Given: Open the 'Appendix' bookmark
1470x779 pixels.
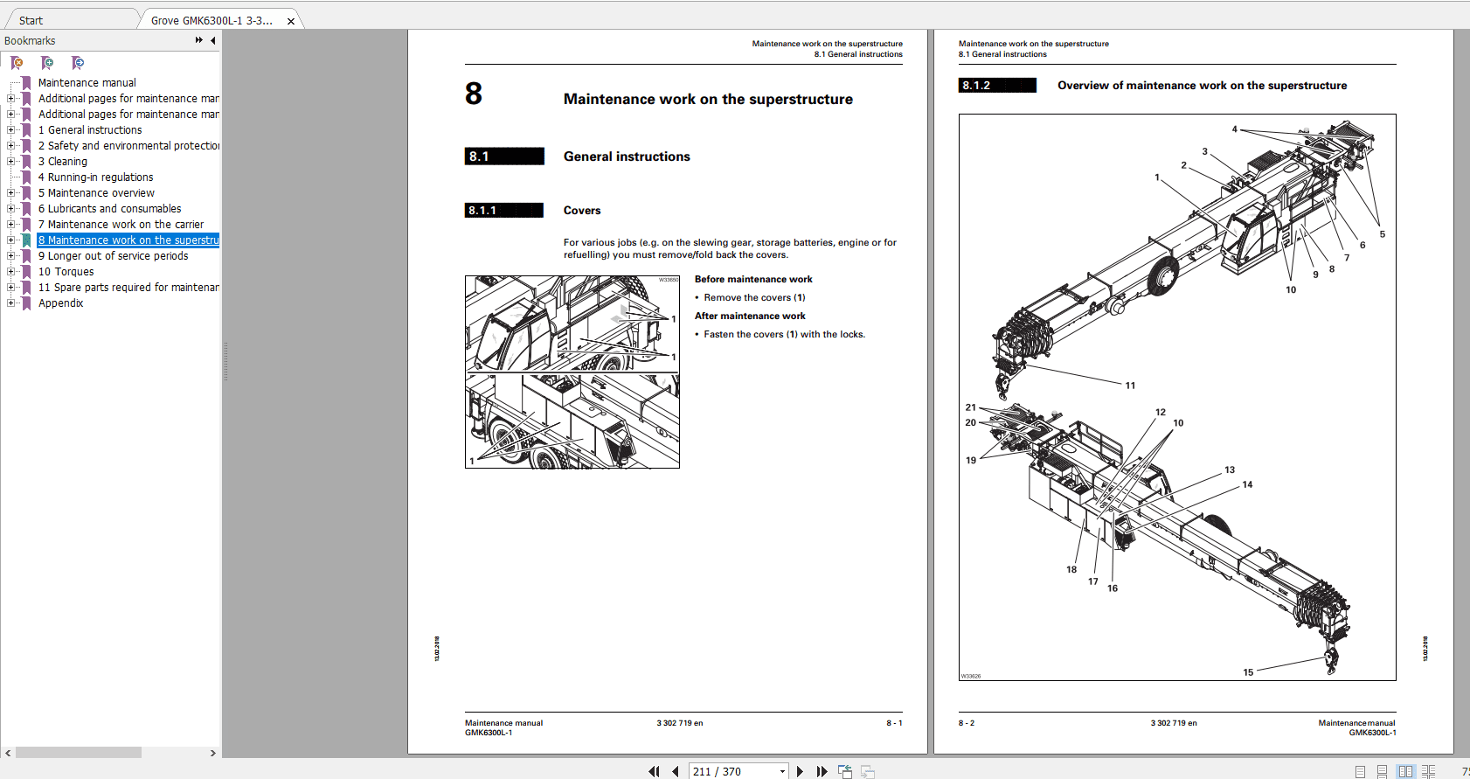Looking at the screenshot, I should click(x=60, y=303).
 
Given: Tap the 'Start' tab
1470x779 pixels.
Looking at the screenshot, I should click(x=31, y=20).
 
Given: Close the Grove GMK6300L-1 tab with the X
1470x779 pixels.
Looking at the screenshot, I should click(x=291, y=21).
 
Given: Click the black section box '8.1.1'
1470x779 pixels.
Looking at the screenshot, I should click(x=503, y=211).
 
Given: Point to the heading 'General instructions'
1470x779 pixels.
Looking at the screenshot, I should click(x=627, y=156).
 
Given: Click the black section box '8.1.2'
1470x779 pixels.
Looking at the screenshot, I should click(x=996, y=86).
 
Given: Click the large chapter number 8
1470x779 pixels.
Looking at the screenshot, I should click(x=474, y=94).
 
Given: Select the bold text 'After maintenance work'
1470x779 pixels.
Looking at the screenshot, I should click(x=750, y=316).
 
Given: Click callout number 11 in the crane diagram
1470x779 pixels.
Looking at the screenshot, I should click(x=1130, y=386).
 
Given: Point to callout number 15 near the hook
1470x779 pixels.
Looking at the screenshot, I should click(x=1248, y=672).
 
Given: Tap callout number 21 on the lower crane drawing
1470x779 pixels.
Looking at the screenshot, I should click(x=970, y=407).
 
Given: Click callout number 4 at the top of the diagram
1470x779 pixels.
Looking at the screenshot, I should click(x=1234, y=129).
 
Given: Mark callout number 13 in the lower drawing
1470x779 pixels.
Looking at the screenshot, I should click(x=1230, y=470).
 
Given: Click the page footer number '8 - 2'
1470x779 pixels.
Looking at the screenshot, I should click(x=966, y=723).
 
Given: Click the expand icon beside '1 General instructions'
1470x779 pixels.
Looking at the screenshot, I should click(x=10, y=130).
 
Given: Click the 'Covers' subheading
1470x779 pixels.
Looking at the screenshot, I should click(x=582, y=211).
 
